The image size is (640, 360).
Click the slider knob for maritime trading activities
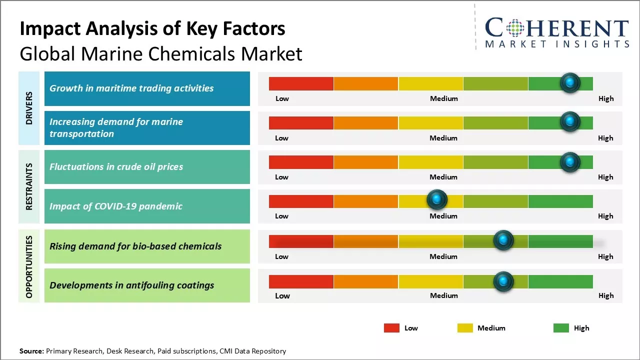(569, 82)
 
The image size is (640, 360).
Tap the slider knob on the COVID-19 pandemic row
(437, 200)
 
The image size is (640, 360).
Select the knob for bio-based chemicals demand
(503, 240)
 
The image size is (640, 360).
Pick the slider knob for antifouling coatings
(503, 281)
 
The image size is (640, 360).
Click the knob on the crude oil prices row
(569, 161)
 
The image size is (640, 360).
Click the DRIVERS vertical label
(29, 108)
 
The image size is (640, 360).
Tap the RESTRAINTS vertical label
(29, 186)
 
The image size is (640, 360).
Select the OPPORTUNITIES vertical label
(29, 266)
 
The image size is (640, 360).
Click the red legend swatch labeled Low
(391, 328)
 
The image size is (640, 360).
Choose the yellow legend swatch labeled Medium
(465, 328)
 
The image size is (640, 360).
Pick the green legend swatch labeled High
(561, 328)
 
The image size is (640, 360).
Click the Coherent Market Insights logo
(556, 32)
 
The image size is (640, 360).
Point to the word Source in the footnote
(31, 351)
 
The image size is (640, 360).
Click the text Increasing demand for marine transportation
(116, 127)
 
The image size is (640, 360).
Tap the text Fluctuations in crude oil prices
(116, 167)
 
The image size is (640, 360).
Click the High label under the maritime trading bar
(605, 98)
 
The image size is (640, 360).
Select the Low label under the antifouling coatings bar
(282, 295)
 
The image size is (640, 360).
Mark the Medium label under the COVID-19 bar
(443, 216)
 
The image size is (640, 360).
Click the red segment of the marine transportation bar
(301, 122)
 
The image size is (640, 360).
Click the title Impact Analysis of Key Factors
(152, 29)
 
